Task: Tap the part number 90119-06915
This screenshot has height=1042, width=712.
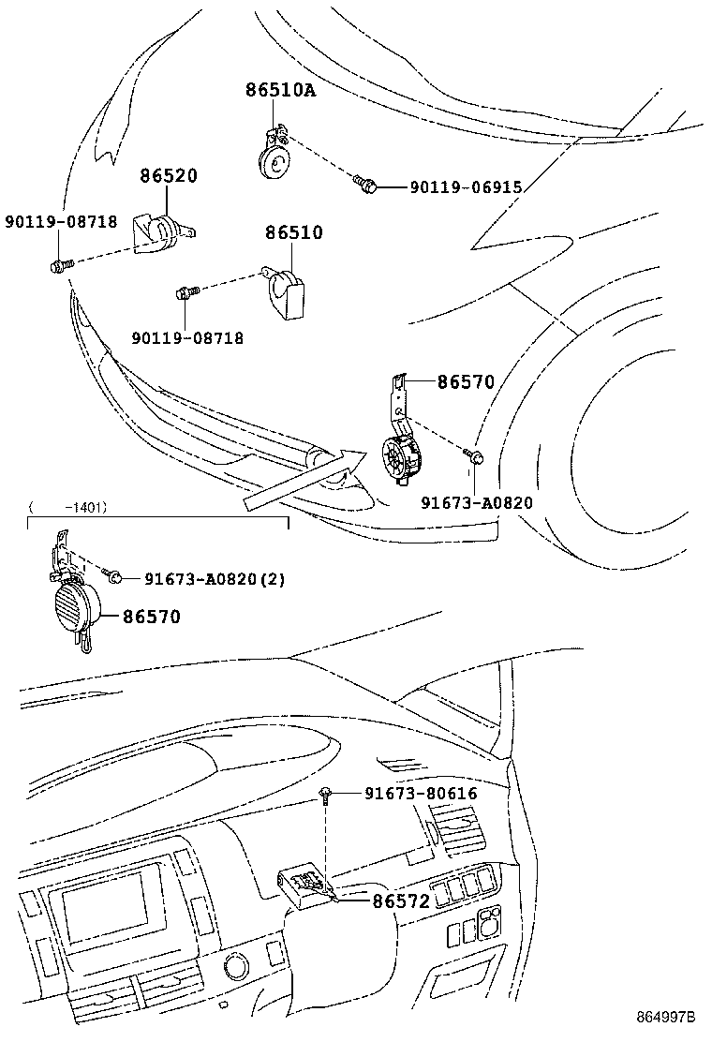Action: (465, 187)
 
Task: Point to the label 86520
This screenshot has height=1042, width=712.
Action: (169, 176)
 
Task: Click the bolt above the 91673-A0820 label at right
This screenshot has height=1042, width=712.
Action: (475, 456)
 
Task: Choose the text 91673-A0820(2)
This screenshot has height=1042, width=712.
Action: (215, 579)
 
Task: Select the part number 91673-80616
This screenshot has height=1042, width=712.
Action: (421, 794)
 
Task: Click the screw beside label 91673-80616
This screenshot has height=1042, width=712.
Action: (324, 795)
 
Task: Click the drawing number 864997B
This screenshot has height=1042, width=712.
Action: (667, 1017)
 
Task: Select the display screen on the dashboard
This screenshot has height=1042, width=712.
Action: (104, 915)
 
